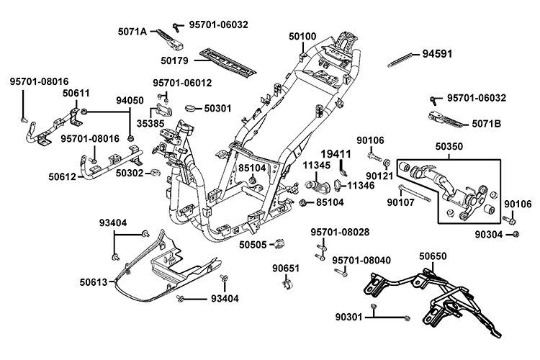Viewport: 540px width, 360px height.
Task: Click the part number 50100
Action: pos(302,36)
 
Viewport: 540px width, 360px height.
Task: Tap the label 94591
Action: pos(438,53)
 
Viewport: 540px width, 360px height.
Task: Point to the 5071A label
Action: pos(132,32)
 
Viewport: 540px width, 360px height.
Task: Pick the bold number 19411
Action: pos(356,154)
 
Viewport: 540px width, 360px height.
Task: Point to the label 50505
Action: pos(253,245)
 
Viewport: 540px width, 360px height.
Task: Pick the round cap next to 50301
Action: pos(192,108)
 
